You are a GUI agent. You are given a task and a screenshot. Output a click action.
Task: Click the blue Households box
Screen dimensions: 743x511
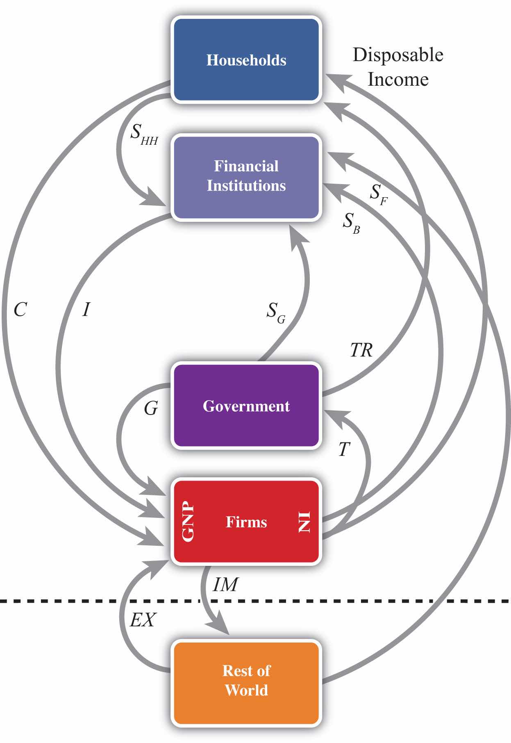click(x=246, y=59)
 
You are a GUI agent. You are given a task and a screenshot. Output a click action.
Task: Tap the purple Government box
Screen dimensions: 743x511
click(x=246, y=406)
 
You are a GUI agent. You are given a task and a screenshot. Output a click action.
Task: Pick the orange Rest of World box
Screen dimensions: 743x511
click(x=246, y=681)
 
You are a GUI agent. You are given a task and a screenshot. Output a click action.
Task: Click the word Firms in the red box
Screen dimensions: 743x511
click(x=246, y=522)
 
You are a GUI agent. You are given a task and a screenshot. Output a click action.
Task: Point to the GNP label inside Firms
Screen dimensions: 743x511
click(x=188, y=522)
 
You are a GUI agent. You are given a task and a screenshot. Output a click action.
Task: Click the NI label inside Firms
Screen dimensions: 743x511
click(x=304, y=522)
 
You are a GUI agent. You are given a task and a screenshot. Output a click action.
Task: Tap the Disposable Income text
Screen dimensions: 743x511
click(x=397, y=67)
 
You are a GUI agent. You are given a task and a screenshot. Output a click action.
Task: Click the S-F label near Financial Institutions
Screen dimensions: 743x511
click(x=378, y=194)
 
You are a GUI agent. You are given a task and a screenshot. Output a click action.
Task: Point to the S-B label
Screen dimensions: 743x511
click(x=351, y=223)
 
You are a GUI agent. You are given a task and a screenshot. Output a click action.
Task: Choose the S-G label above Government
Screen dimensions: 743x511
click(x=276, y=312)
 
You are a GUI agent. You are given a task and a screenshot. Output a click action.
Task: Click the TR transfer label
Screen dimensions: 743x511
click(x=361, y=350)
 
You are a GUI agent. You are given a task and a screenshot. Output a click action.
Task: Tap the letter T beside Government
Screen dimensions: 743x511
click(x=344, y=449)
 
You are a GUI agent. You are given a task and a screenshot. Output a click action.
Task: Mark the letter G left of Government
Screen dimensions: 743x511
click(x=151, y=408)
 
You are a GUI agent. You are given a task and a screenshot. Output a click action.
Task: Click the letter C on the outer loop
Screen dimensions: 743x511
click(x=20, y=310)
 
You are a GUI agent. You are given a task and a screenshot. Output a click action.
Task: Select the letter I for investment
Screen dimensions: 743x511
click(x=86, y=310)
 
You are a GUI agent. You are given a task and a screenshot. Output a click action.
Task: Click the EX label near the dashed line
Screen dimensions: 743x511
click(x=143, y=620)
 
